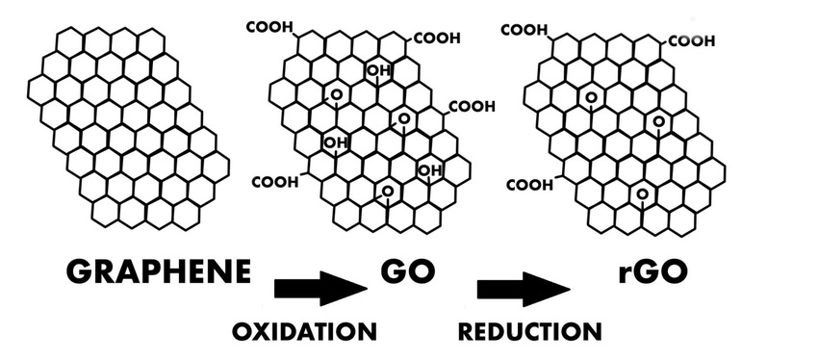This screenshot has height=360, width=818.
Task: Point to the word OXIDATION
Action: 303,332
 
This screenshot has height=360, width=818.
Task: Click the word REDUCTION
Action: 530,332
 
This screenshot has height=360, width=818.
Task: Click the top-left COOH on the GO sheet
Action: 268,28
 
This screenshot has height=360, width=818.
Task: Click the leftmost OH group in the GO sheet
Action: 335,143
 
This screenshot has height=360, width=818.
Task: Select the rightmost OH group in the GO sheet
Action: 428,170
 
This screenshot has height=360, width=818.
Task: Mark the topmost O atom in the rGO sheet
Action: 589,96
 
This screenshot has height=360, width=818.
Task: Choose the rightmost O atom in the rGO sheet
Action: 659,120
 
